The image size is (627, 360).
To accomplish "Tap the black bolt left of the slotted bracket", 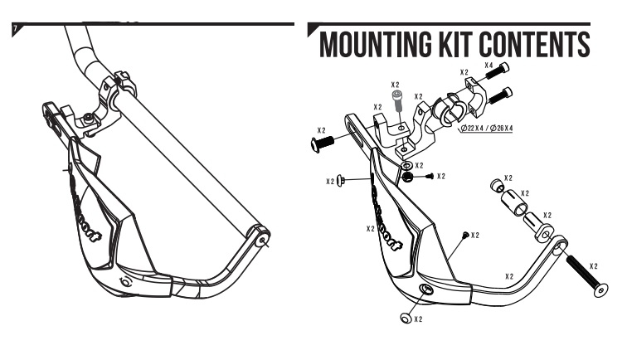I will coord(323,144).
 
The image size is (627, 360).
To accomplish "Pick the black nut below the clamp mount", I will coord(408,176).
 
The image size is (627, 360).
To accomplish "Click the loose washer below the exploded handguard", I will coord(405,316).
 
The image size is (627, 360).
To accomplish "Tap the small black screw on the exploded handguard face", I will coord(465,235).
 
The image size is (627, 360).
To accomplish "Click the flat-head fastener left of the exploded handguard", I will coord(343,181).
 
